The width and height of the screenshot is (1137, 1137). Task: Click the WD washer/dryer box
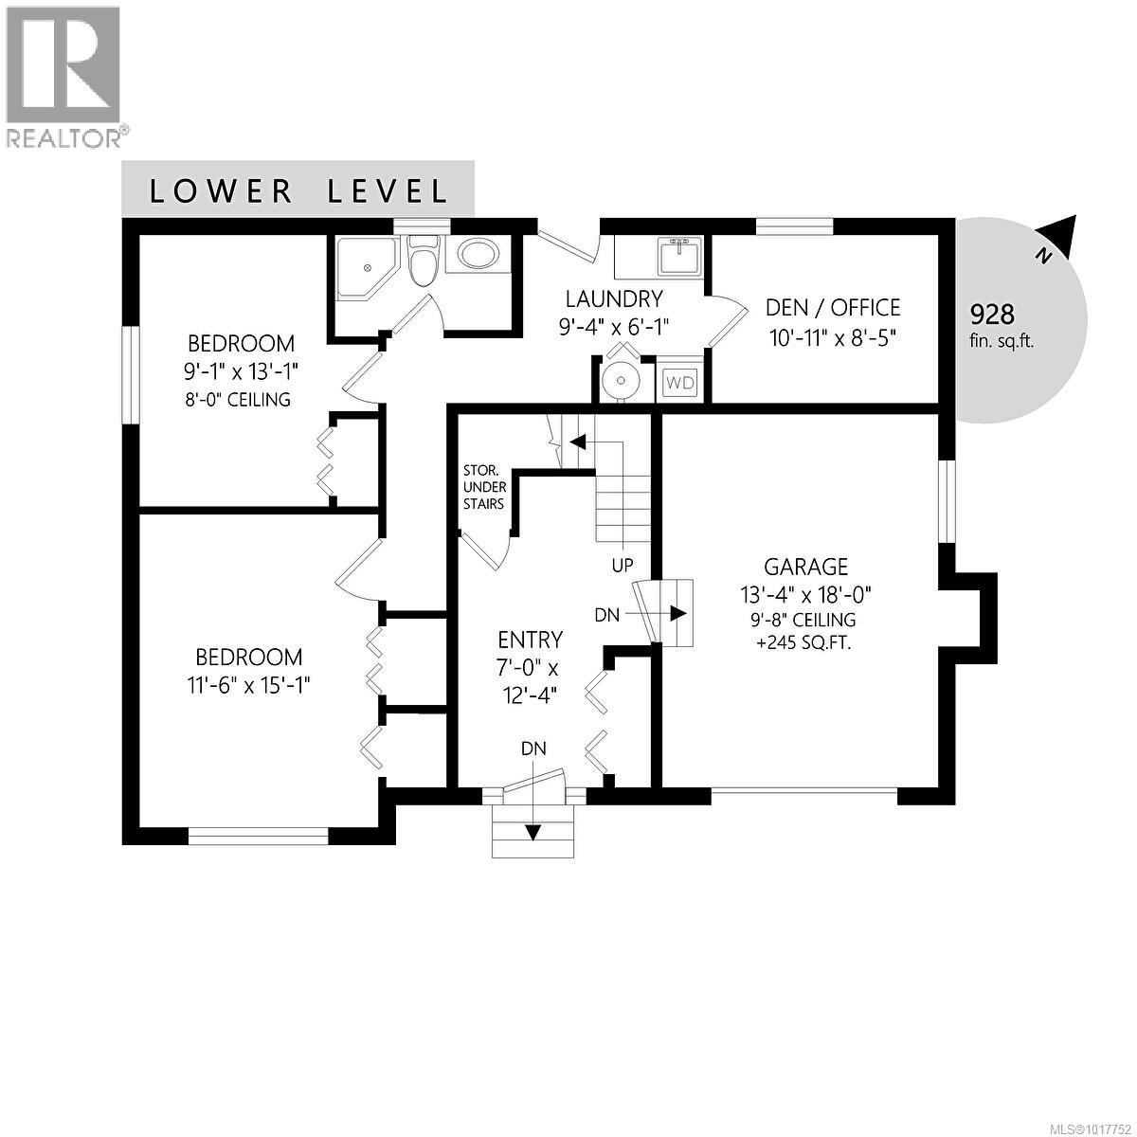tap(680, 383)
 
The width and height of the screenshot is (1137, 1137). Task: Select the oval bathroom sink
tap(478, 255)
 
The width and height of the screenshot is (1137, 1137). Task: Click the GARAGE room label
tap(806, 567)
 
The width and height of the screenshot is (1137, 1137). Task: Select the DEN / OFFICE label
tap(832, 308)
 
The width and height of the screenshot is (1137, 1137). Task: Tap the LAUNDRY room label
tap(614, 299)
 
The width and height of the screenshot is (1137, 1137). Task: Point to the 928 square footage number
tap(992, 314)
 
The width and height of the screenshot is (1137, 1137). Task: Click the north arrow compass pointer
tap(1060, 235)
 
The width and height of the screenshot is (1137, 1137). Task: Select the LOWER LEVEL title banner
tap(298, 190)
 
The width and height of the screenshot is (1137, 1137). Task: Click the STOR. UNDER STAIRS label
tap(483, 487)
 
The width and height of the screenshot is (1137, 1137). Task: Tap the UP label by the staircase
tap(623, 566)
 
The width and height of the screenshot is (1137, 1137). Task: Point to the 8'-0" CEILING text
tap(240, 399)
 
